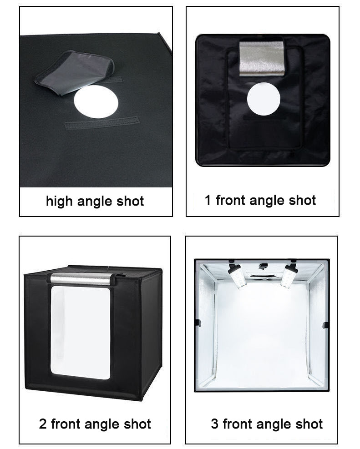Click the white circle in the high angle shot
point(96,102)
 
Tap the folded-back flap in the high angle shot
point(73,71)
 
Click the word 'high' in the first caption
point(59,202)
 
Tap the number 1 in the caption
point(208,200)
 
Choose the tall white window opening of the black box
point(80,332)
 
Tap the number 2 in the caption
point(43,424)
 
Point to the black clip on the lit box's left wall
point(198,323)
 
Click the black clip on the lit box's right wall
point(325,325)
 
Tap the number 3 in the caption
point(214,424)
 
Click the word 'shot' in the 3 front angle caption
point(307,424)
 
